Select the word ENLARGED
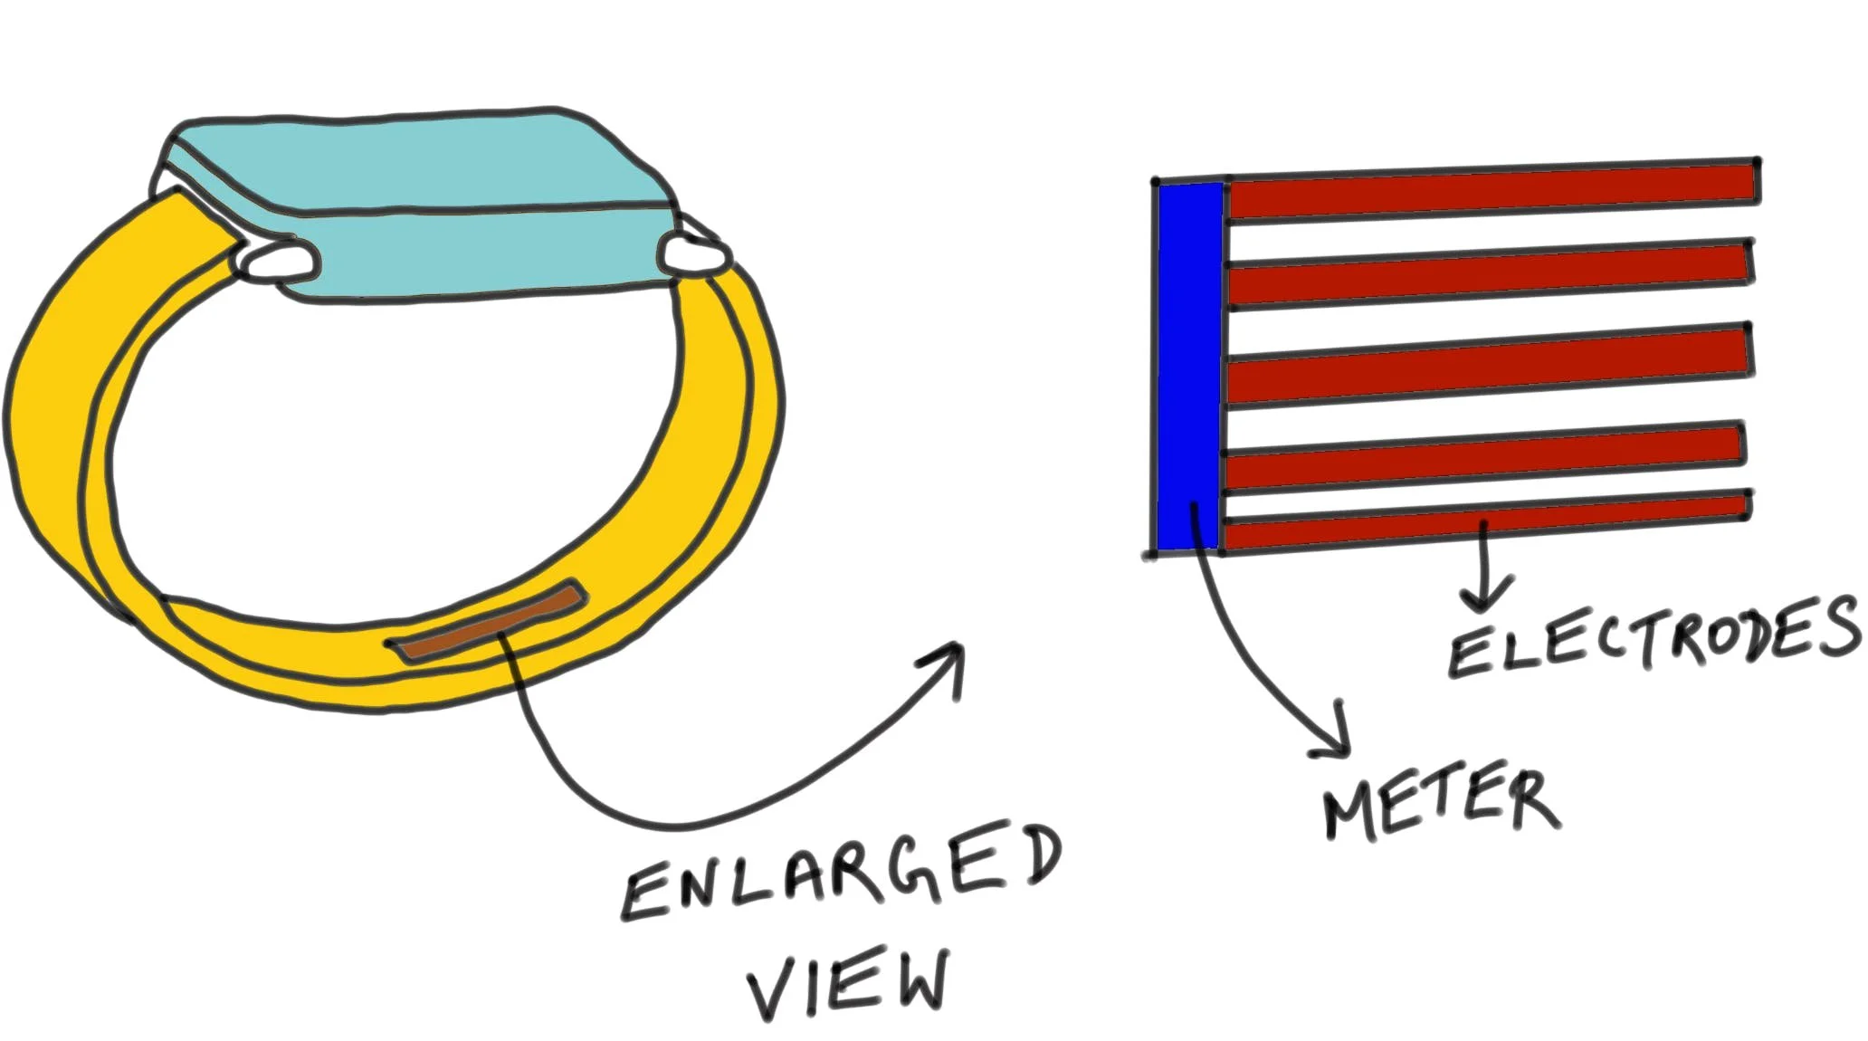click(x=842, y=874)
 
